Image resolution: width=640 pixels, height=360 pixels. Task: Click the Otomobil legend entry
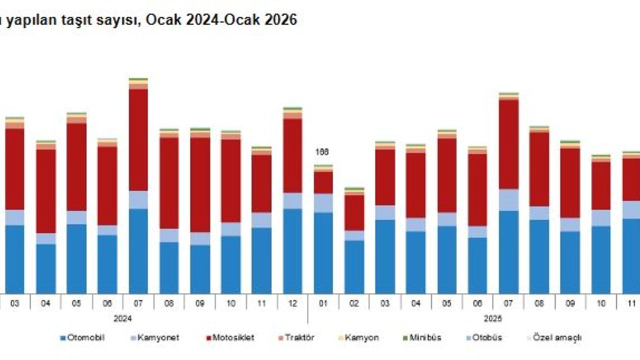[82, 337]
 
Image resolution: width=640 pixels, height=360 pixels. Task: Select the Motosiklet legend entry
[229, 337]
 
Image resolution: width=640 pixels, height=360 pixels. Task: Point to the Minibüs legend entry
[422, 337]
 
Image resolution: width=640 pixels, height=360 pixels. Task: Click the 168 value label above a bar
[322, 152]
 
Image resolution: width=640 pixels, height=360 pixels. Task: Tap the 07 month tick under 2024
[138, 303]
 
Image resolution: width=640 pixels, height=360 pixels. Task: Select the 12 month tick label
[292, 303]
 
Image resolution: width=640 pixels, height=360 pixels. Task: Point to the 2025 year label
[493, 318]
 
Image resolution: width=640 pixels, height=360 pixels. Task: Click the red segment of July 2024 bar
[138, 140]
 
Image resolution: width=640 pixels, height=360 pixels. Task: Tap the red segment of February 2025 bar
[354, 212]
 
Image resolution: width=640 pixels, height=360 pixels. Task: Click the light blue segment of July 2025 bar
[508, 200]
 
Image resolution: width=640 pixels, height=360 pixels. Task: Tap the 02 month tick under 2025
[354, 303]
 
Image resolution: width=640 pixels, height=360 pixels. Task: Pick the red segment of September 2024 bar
[199, 185]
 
